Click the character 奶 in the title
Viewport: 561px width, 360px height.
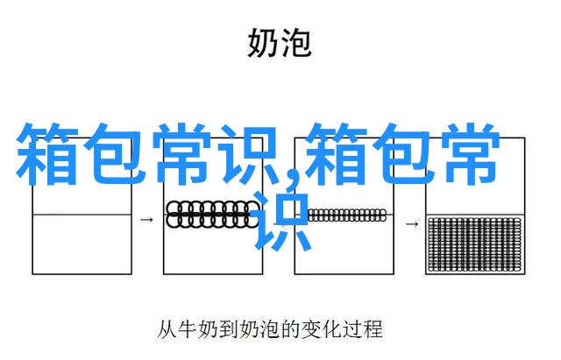coord(262,43)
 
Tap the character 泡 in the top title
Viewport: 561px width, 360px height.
coord(295,43)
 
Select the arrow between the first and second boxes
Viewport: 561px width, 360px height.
coord(146,220)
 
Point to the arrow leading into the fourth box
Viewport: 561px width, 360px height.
coord(412,224)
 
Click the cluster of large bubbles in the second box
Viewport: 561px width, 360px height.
coord(212,214)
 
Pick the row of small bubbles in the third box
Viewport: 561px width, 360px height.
coord(347,215)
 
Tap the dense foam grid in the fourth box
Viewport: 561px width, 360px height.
coord(474,244)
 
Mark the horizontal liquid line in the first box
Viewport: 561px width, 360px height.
coord(82,215)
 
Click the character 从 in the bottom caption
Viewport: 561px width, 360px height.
coord(167,328)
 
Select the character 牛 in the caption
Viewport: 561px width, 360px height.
coord(188,328)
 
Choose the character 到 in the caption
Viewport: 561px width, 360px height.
coord(228,328)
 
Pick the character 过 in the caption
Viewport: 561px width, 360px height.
coord(352,328)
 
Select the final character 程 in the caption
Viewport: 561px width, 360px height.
coord(372,328)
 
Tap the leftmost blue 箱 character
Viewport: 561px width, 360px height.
coord(46,154)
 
